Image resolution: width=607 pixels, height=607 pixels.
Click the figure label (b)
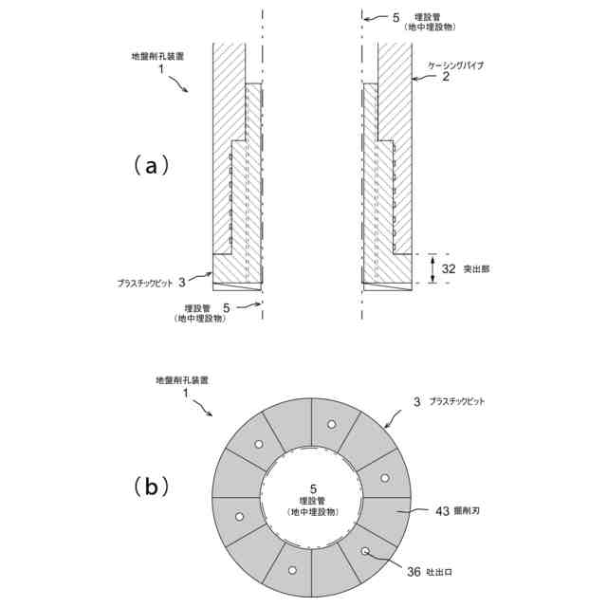point(151,487)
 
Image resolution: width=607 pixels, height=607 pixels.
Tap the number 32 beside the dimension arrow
point(449,268)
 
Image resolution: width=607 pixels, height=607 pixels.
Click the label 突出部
point(476,269)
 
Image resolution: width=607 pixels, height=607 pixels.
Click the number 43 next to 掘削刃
point(442,511)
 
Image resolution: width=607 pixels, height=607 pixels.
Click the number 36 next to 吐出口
point(414,571)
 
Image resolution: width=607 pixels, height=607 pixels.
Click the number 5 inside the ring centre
point(312,487)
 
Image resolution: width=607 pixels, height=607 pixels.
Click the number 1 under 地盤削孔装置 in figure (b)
point(186,392)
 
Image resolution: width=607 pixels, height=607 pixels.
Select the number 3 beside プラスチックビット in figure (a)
point(181,281)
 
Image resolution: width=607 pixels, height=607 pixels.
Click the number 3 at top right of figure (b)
point(416,402)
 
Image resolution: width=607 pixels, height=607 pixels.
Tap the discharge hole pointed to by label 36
point(364,550)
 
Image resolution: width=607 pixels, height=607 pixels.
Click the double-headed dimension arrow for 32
point(432,268)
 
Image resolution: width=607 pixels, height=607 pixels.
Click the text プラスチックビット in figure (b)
point(457,402)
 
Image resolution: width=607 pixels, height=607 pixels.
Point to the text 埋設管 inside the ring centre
point(312,501)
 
